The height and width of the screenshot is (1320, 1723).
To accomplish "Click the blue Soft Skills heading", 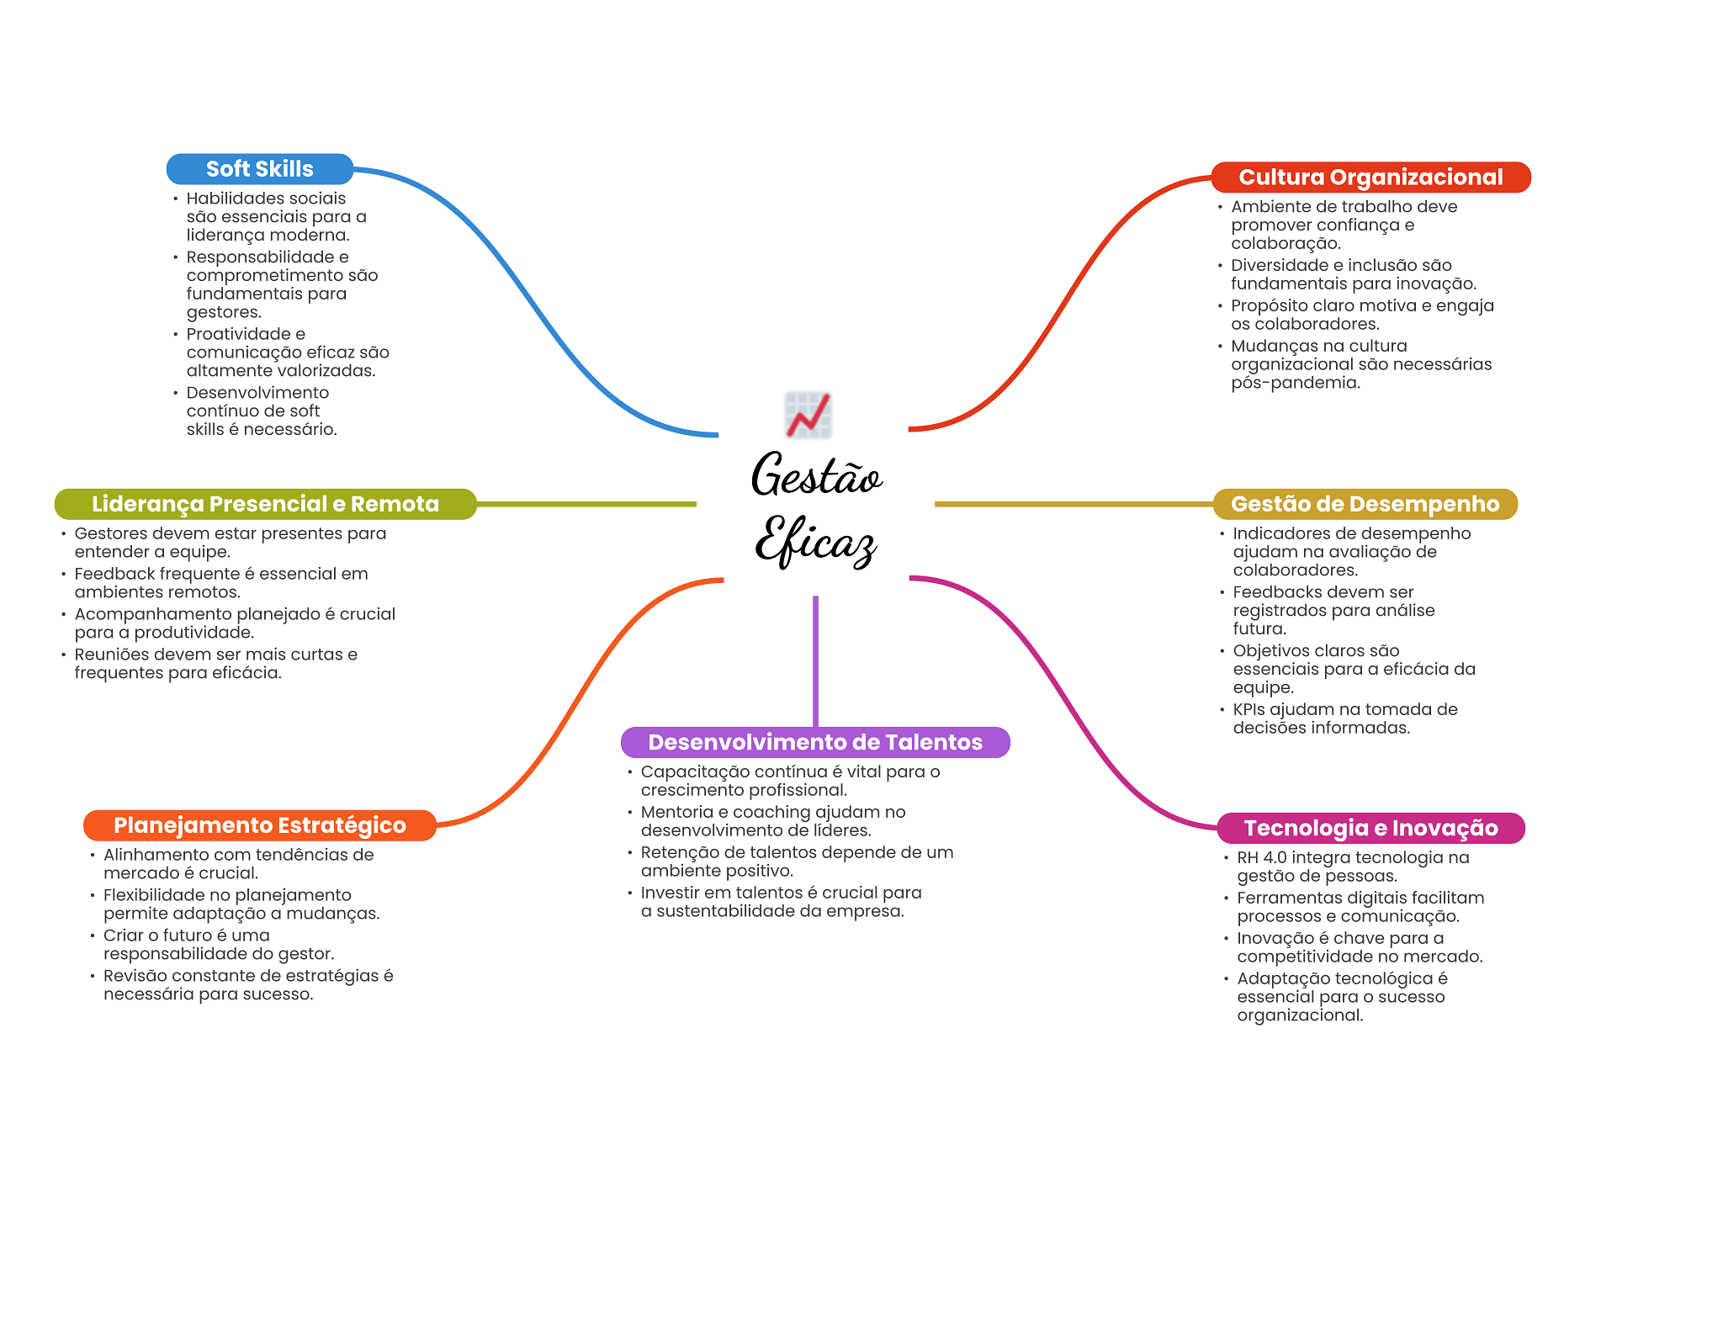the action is pos(260,169).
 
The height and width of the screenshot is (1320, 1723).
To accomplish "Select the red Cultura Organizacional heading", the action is pos(1370,178).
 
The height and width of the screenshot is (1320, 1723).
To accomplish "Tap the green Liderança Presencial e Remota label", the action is pos(266,504).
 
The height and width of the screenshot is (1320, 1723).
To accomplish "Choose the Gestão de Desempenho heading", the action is pos(1365,504).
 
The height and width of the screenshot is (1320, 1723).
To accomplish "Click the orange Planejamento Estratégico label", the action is pos(260,825).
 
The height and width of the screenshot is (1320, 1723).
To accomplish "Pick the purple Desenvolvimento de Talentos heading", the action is pos(815,742).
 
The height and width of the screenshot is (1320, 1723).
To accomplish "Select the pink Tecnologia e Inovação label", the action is pos(1370,828).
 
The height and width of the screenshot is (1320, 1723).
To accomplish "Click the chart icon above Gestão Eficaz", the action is pos(808,415).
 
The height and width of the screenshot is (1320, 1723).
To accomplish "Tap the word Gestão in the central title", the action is pos(817,474).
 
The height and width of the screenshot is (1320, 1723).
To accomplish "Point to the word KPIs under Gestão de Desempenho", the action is pos(1249,709).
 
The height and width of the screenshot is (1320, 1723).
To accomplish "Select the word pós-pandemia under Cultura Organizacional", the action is pos(1296,383).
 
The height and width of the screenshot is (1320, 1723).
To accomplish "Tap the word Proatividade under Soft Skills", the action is pos(240,334).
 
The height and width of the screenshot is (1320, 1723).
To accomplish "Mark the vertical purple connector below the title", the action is pos(815,661).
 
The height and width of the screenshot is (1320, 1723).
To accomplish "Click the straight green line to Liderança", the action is pos(586,504).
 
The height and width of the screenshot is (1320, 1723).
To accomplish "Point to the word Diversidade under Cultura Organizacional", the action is pos(1280,265).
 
